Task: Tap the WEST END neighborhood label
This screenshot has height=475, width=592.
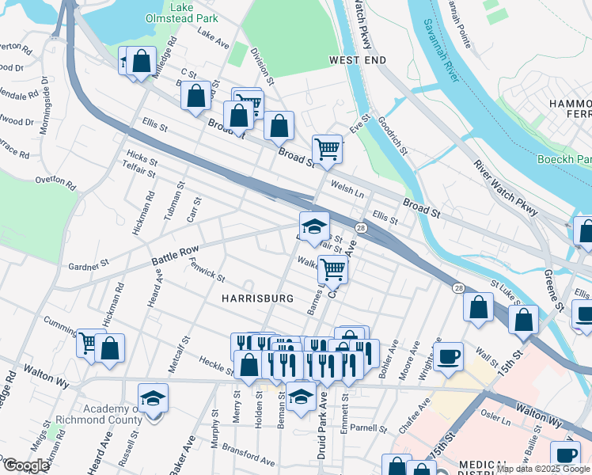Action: tap(357, 60)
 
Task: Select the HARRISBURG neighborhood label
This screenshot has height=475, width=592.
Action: tap(257, 298)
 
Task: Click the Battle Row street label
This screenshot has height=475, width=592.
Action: tap(174, 256)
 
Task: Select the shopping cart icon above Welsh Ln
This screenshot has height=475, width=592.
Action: tap(327, 148)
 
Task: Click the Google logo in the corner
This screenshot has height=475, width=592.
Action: tap(26, 465)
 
